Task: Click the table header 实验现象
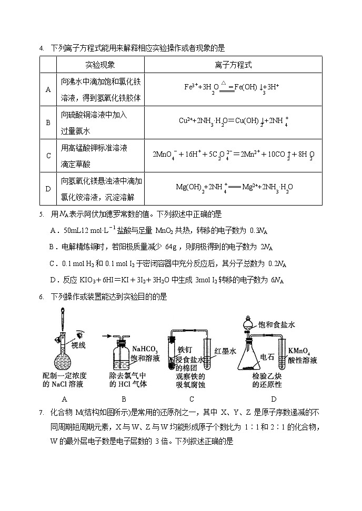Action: click(x=100, y=65)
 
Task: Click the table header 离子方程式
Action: click(x=233, y=65)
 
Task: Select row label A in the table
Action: click(x=48, y=90)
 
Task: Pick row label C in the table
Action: click(x=48, y=156)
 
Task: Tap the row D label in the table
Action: click(x=48, y=188)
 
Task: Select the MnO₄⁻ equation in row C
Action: click(x=233, y=155)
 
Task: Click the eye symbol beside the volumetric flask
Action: click(x=78, y=334)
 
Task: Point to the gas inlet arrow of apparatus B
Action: click(x=106, y=334)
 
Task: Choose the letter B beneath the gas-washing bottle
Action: click(x=124, y=399)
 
